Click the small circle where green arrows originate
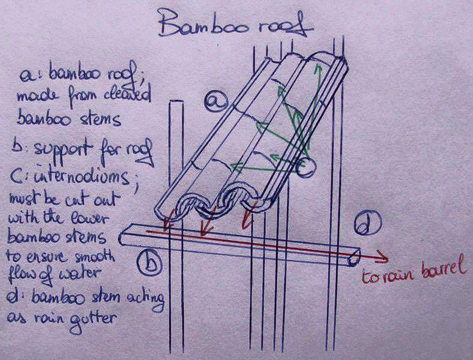(307, 168)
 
